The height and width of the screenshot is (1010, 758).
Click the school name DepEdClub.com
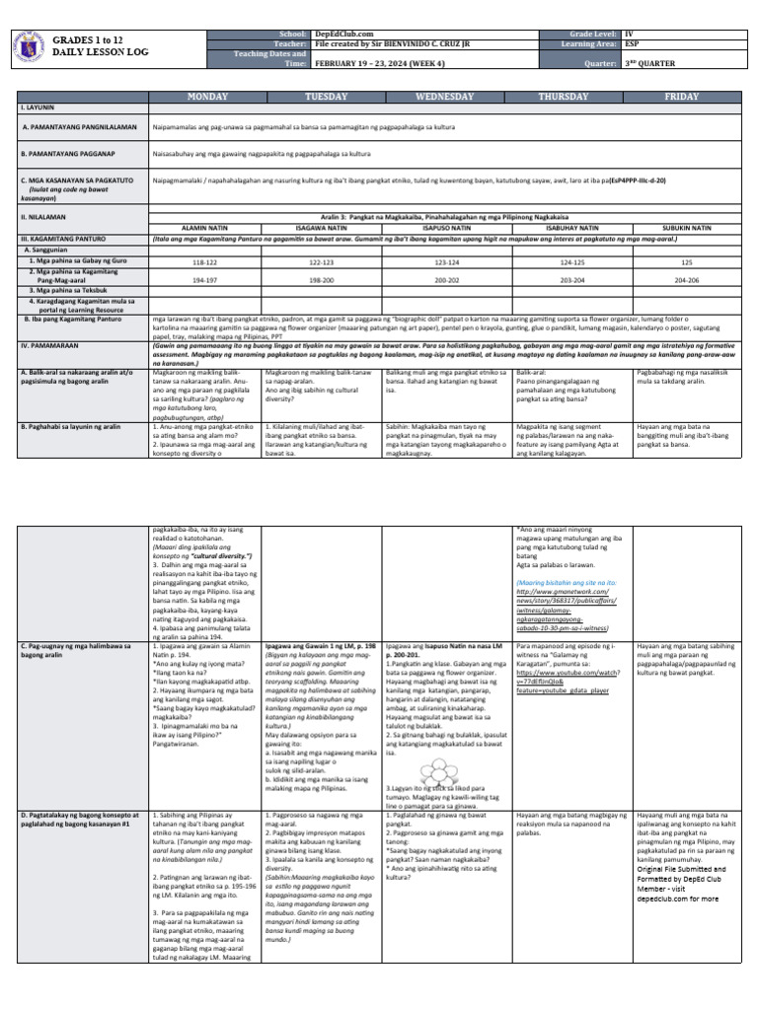pos(341,35)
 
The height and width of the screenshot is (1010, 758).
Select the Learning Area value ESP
pos(632,43)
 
